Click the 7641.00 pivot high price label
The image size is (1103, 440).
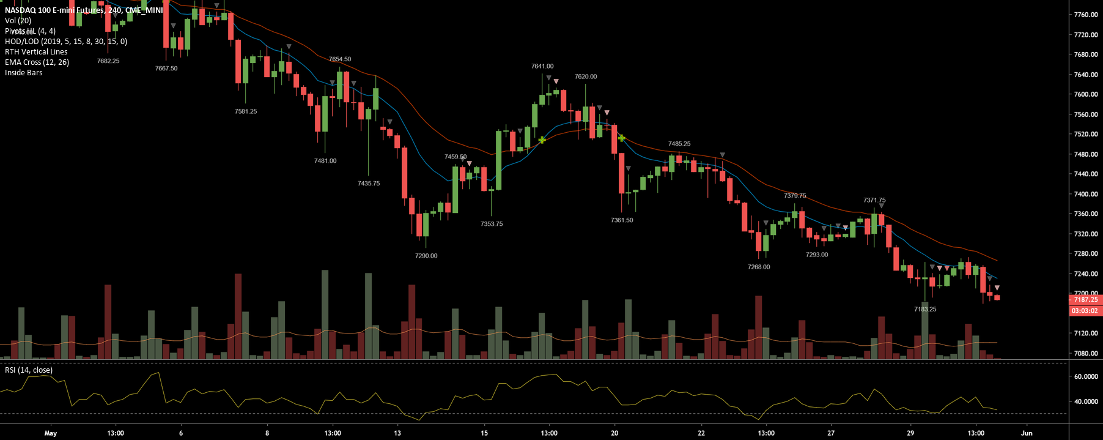(x=542, y=66)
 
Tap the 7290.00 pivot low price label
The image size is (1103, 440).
(x=426, y=256)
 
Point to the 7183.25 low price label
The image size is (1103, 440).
(x=925, y=309)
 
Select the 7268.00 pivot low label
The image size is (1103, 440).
(x=759, y=267)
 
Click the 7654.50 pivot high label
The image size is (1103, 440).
(x=340, y=59)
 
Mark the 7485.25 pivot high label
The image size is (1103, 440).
(x=679, y=144)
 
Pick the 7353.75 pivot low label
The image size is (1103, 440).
(x=492, y=224)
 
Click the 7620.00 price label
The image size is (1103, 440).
(x=586, y=76)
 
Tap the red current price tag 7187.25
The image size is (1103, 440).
(x=1085, y=300)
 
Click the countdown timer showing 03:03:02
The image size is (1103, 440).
(x=1085, y=311)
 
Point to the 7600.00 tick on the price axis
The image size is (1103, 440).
(x=1086, y=94)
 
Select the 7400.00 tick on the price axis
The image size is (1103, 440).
(x=1086, y=194)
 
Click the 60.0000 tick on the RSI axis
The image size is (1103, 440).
(x=1086, y=376)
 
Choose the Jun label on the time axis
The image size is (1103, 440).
(x=1027, y=433)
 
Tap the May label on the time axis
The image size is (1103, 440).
(x=51, y=433)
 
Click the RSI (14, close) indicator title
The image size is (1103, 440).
(x=29, y=370)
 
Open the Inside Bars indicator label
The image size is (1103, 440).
(x=24, y=73)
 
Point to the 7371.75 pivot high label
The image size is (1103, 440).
(x=874, y=200)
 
